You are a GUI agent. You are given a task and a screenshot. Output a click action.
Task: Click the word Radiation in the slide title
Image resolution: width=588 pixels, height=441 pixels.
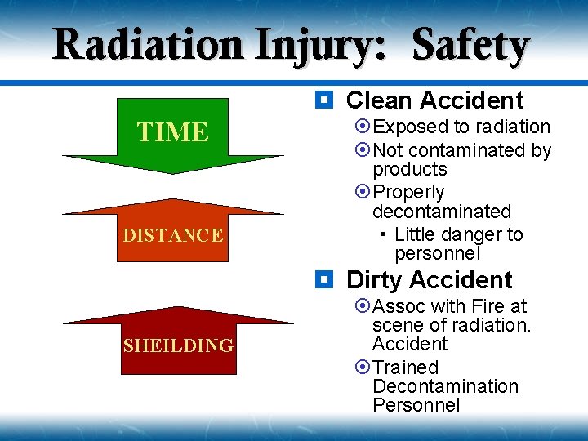147,45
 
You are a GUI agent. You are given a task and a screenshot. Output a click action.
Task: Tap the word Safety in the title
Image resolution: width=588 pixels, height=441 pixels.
471,45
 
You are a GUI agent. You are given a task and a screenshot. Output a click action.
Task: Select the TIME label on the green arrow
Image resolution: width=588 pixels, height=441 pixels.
172,131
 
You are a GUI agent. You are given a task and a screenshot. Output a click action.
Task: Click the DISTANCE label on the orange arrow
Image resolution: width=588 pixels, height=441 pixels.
172,236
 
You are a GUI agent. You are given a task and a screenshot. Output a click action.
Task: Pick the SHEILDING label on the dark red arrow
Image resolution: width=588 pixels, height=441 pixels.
178,345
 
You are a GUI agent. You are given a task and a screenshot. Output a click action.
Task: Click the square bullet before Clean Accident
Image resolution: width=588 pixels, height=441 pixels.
324,100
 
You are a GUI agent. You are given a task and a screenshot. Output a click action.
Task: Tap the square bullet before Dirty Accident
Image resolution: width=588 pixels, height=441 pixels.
324,280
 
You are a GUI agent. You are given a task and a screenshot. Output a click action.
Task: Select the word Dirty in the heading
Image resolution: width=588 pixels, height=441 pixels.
376,280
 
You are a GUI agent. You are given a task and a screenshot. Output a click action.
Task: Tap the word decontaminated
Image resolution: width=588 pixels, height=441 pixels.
441,212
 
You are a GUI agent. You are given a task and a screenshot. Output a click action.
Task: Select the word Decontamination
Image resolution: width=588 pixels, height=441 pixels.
445,386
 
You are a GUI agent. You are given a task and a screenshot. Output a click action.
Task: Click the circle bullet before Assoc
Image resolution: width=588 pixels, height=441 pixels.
363,306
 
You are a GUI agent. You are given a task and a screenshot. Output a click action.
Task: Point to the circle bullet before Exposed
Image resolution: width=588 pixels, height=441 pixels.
363,127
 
